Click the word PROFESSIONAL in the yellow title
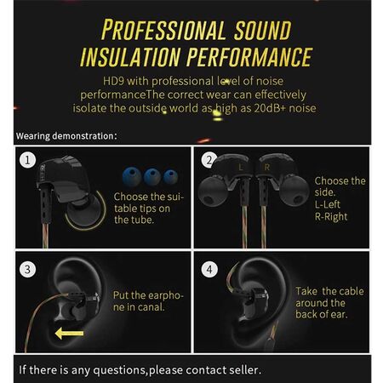point(163,30)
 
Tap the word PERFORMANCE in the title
point(249,57)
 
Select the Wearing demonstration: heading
point(66,136)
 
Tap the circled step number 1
point(27,160)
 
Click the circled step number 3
point(27,269)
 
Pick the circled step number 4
point(209,269)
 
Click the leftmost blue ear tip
point(132,176)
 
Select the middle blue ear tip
point(152,176)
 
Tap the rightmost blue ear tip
point(171,177)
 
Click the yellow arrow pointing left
point(69,333)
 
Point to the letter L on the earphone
point(241,168)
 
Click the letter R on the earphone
point(266,168)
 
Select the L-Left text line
point(328,204)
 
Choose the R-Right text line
point(331,217)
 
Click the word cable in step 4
point(352,291)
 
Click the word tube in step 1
point(144,220)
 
